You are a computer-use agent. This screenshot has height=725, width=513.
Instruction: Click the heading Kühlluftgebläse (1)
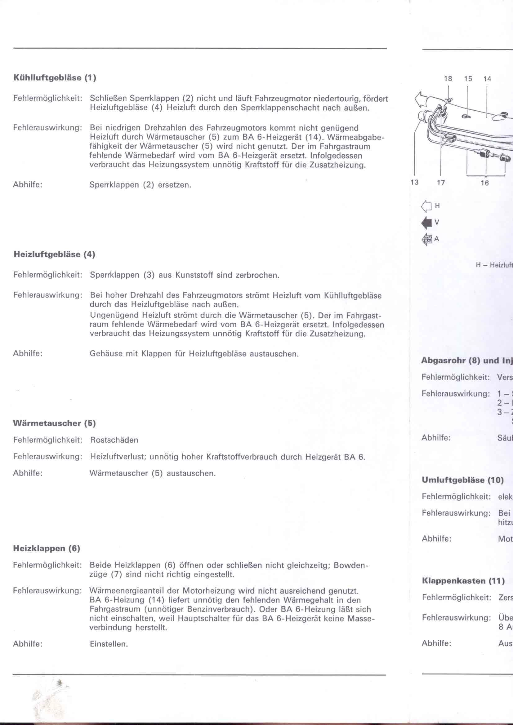click(x=54, y=78)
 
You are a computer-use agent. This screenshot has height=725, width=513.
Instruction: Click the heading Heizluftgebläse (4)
click(x=54, y=254)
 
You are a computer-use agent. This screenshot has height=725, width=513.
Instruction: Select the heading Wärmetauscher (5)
click(x=54, y=423)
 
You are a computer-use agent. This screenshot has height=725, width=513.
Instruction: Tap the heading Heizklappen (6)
click(x=47, y=548)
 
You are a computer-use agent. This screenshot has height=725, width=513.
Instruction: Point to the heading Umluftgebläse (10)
click(x=462, y=480)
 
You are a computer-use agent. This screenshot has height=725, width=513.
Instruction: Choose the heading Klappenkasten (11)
click(x=463, y=581)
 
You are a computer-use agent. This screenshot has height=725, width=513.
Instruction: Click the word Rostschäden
click(x=114, y=440)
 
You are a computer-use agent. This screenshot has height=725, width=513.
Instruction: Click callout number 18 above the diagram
click(x=448, y=79)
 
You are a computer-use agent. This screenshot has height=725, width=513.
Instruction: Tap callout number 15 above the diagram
click(x=468, y=79)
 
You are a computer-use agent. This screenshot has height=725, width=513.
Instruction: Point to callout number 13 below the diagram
click(x=414, y=182)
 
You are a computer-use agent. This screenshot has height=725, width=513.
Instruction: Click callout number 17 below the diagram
click(x=441, y=182)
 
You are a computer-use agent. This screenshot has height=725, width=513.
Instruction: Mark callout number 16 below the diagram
click(x=484, y=183)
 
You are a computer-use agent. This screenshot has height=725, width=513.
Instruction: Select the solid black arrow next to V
click(x=426, y=223)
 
